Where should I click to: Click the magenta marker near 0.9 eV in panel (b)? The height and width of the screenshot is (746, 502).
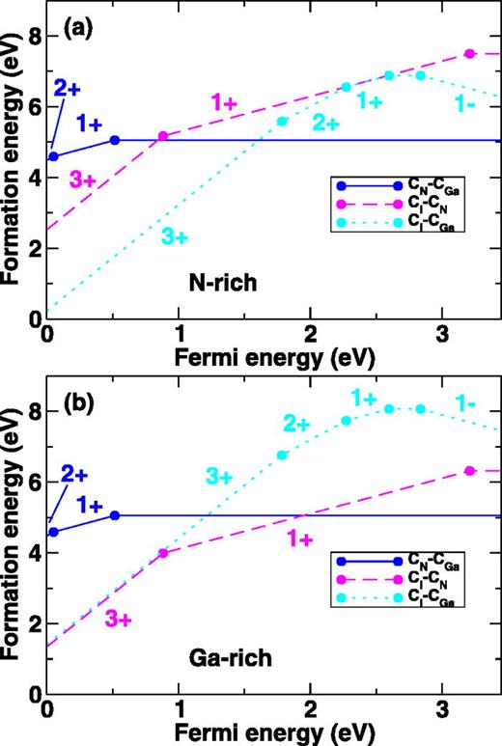pyautogui.click(x=162, y=553)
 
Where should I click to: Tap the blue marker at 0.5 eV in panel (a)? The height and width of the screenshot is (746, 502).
pyautogui.click(x=115, y=140)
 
